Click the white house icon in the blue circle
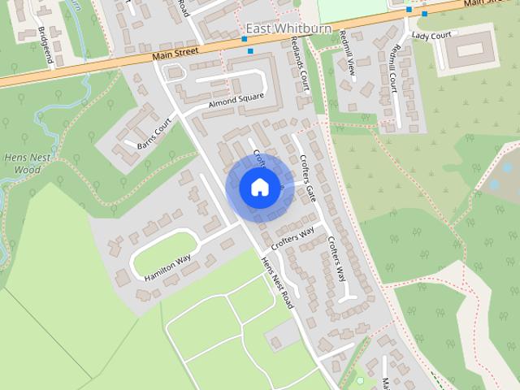(259, 187)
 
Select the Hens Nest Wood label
(21, 165)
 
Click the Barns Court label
(154, 135)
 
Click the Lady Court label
(431, 36)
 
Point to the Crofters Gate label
(307, 178)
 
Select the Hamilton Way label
(167, 267)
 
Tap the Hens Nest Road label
(277, 284)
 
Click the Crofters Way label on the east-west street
(292, 237)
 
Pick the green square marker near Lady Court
(424, 14)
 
